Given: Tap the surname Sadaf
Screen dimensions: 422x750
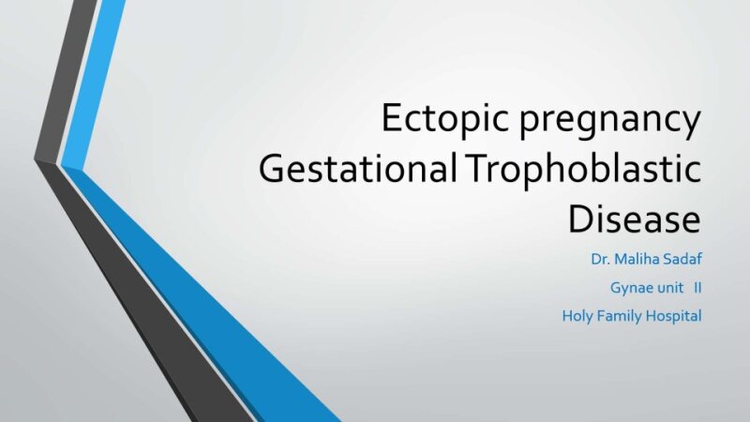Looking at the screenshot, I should click(677, 258).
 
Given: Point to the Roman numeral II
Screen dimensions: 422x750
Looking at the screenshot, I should click(697, 287).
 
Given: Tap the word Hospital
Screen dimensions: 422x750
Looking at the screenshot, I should click(675, 316).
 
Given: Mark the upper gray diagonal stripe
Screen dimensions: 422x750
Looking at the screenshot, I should click(66, 75).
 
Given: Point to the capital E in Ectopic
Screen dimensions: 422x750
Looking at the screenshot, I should click(390, 121).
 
